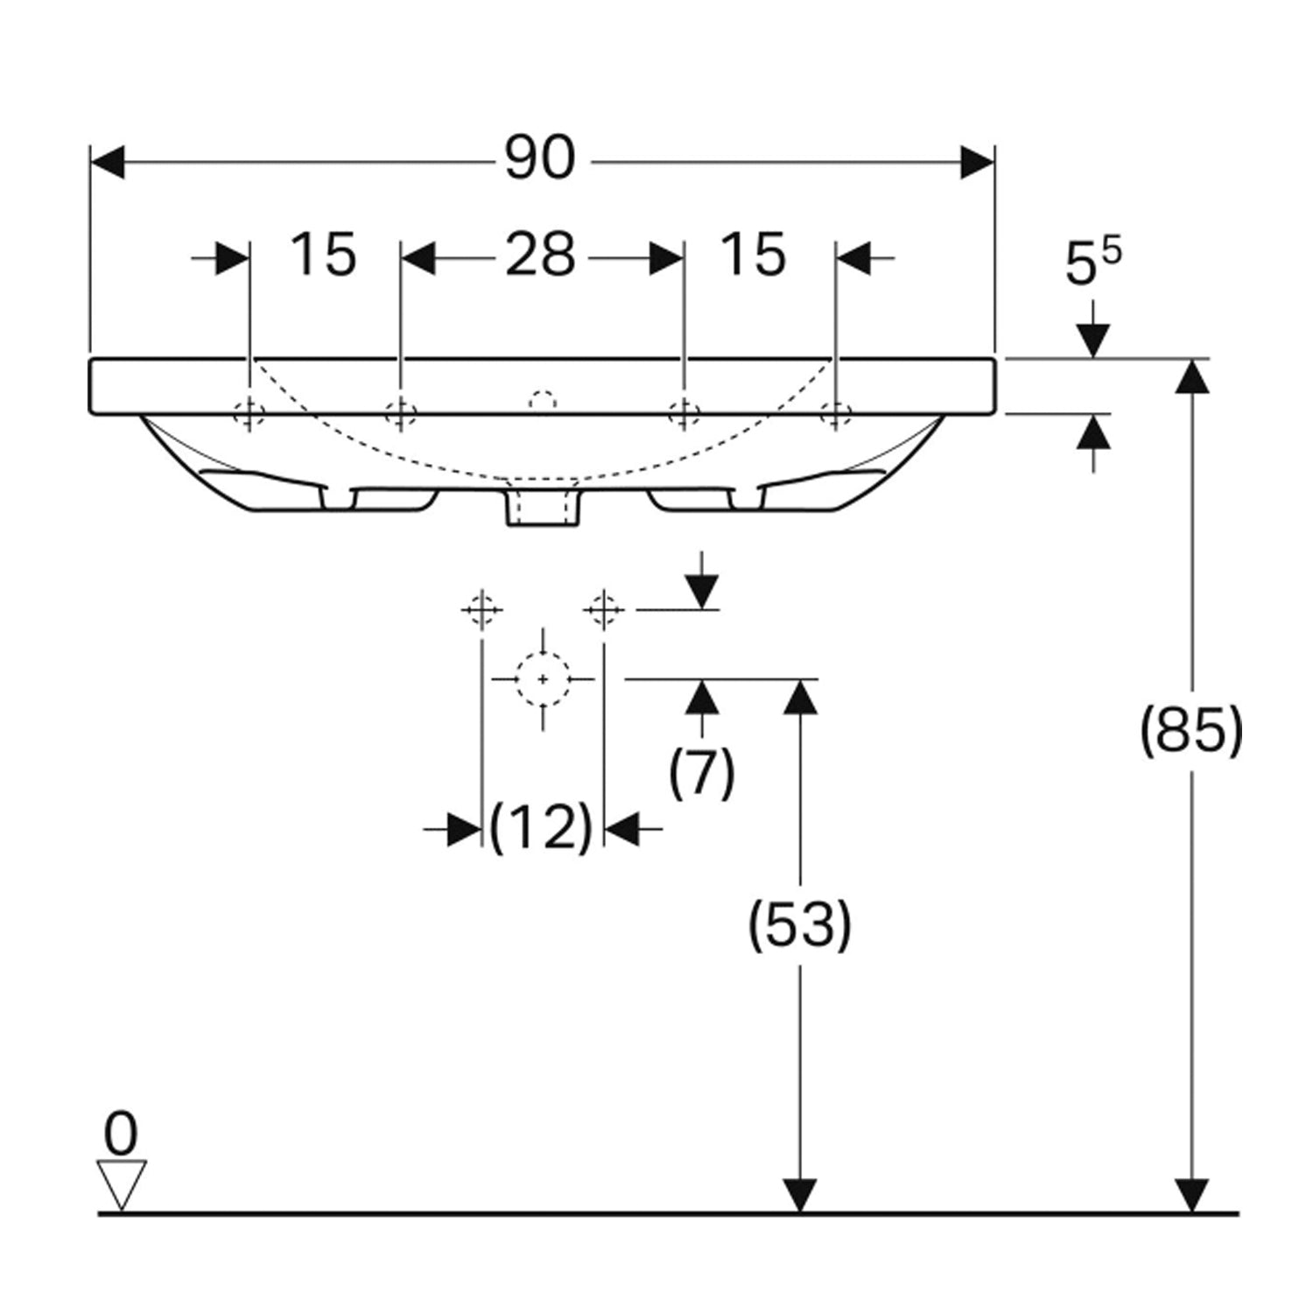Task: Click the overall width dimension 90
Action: click(540, 159)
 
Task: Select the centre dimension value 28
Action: click(540, 256)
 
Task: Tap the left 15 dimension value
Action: click(323, 256)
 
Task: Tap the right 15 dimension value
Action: click(753, 256)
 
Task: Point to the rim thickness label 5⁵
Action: click(1092, 263)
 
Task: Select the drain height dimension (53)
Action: click(798, 924)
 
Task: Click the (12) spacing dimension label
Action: click(541, 827)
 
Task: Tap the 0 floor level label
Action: click(121, 1134)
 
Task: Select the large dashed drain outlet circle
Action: click(543, 679)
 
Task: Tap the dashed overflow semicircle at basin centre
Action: click(543, 400)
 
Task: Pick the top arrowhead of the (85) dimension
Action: click(1191, 376)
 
